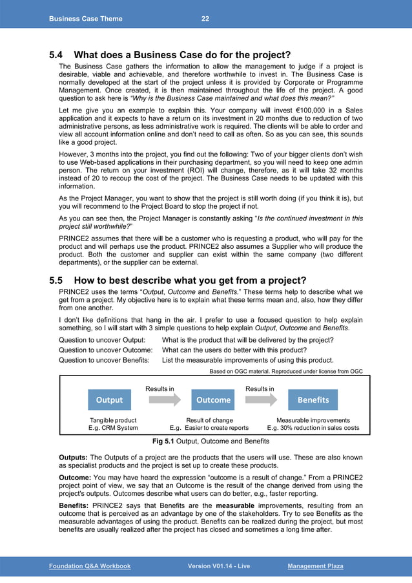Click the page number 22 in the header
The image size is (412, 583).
205,19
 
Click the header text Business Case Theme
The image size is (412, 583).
85,19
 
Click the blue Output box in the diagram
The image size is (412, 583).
109,399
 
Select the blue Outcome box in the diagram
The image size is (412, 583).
213,399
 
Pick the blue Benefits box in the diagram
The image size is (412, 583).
313,399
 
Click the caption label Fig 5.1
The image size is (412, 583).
164,441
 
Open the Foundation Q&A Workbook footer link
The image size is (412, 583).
90,566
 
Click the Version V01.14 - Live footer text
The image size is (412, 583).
218,566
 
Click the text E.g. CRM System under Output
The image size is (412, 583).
113,428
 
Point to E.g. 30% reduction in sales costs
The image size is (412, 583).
313,428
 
